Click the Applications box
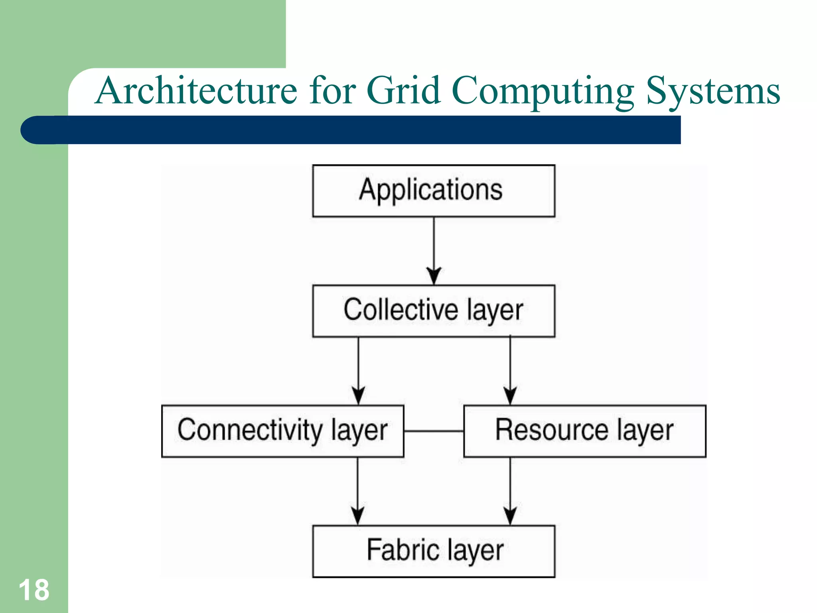click(x=434, y=191)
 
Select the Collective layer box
click(x=434, y=311)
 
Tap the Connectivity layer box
click(x=282, y=431)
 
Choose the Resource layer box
click(x=585, y=431)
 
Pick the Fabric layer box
click(x=434, y=551)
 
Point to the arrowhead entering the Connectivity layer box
click(x=358, y=395)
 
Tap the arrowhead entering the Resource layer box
click(x=510, y=395)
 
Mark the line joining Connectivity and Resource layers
click(x=434, y=431)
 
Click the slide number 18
click(x=34, y=590)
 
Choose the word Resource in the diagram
click(x=552, y=430)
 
